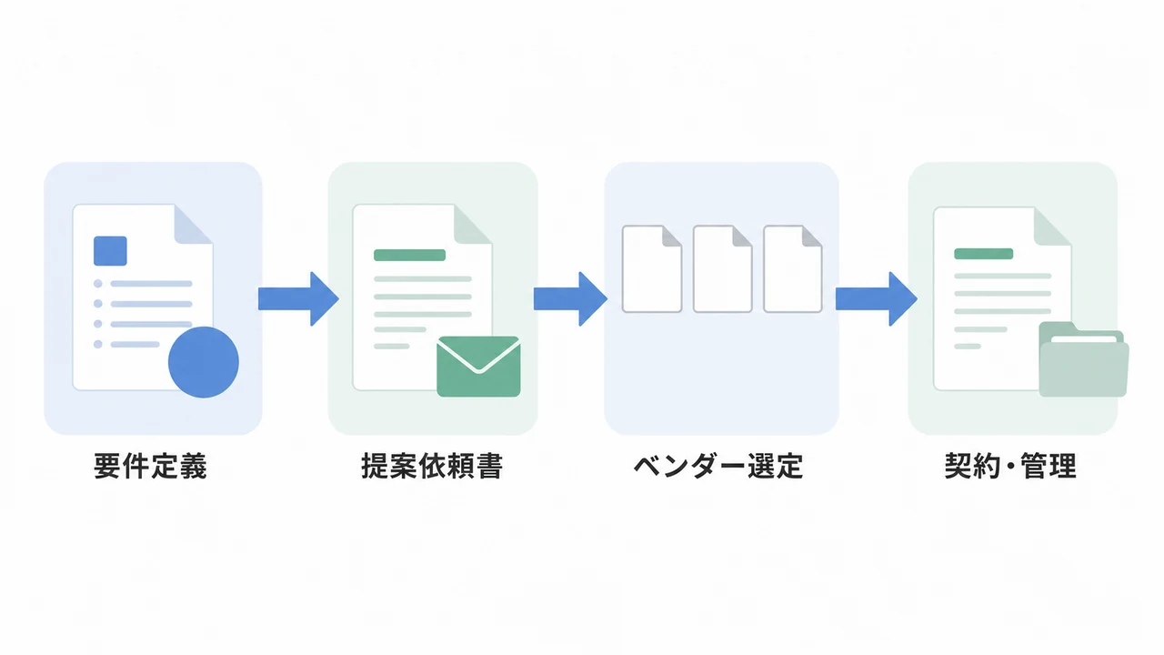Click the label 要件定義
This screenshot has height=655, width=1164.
click(x=150, y=466)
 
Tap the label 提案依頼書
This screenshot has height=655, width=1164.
click(x=432, y=466)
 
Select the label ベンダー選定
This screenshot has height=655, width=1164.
click(x=718, y=466)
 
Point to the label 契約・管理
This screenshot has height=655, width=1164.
click(x=1010, y=466)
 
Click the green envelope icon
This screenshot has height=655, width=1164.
click(x=478, y=367)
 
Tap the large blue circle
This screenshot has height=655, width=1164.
click(x=204, y=362)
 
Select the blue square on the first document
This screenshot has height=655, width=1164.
click(x=110, y=251)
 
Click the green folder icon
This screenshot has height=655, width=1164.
click(x=1083, y=359)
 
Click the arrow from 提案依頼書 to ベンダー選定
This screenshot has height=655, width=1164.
click(x=570, y=299)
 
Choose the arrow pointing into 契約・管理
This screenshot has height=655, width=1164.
click(x=876, y=299)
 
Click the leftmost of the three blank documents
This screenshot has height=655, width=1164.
click(x=652, y=268)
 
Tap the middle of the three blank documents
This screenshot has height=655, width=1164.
click(x=723, y=268)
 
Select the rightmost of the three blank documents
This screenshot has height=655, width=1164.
click(x=793, y=268)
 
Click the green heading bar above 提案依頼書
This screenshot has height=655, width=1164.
click(x=409, y=256)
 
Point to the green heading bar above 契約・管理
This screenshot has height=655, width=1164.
click(x=984, y=254)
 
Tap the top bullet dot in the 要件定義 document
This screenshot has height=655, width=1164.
click(x=97, y=284)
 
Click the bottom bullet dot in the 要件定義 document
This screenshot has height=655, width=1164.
click(x=97, y=344)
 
